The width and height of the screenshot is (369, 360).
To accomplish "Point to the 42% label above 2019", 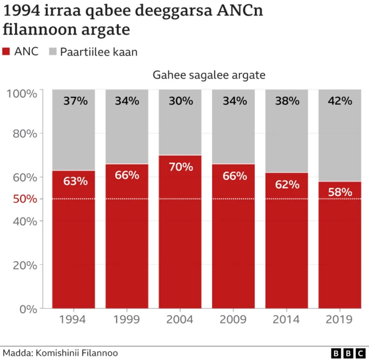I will pos(340,101).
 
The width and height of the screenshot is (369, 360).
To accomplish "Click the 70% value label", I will pos(180,167).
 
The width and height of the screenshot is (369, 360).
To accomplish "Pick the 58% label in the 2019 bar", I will pos(340,192).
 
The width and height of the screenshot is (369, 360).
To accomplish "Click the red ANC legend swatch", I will pos(7,52).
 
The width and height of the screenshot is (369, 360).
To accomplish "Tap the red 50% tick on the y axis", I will pos(26,199).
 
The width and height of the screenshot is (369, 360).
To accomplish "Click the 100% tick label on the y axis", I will pos(22,93).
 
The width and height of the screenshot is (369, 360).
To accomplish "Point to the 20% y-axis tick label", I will pos(26,265).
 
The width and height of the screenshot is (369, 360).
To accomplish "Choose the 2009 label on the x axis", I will pos(234,319).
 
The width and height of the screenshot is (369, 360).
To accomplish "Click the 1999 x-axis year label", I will pos(127,319).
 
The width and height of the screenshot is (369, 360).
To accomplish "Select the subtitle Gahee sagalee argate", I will pos(209,75).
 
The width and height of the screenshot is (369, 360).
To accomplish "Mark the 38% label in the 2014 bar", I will pos(287,101).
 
